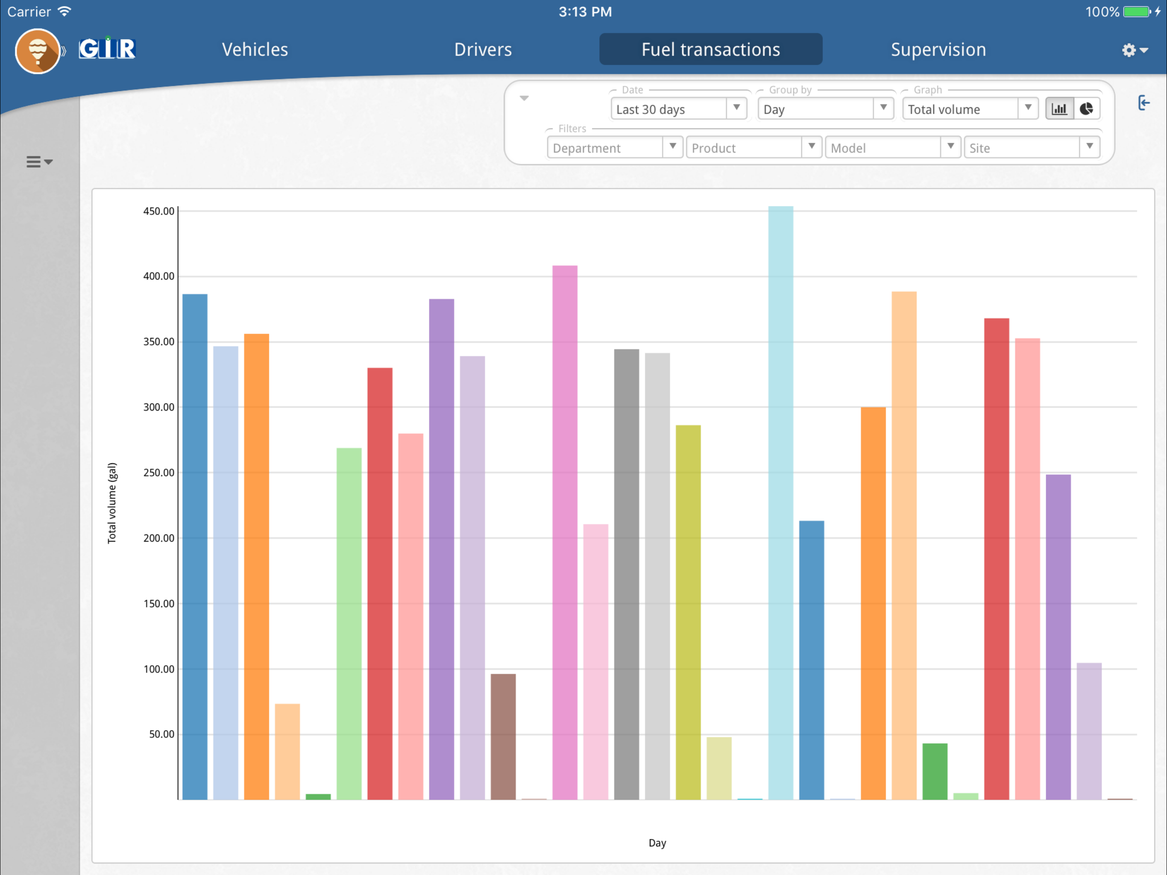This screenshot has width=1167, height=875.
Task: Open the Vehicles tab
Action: pyautogui.click(x=255, y=50)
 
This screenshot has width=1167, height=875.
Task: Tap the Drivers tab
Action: pyautogui.click(x=483, y=50)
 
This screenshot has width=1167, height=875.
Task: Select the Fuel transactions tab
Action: pyautogui.click(x=711, y=49)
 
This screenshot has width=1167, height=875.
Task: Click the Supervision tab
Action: pyautogui.click(x=938, y=50)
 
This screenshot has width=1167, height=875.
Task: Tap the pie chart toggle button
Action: pyautogui.click(x=1086, y=109)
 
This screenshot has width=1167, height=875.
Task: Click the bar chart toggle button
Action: pyautogui.click(x=1059, y=109)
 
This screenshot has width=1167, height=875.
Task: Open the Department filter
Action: pyautogui.click(x=615, y=147)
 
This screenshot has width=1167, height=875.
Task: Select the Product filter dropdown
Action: pyautogui.click(x=754, y=147)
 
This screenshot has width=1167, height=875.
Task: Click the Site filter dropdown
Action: pyautogui.click(x=1032, y=147)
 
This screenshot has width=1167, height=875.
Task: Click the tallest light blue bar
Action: pyautogui.click(x=780, y=503)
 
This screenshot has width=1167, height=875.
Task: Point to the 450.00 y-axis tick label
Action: pyautogui.click(x=158, y=211)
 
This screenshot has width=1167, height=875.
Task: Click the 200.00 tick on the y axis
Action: pyautogui.click(x=158, y=538)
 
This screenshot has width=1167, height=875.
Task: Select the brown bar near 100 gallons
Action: pyautogui.click(x=503, y=737)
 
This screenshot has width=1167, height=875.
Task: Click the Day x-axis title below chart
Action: pyautogui.click(x=657, y=843)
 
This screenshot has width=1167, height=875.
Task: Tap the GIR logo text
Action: pyautogui.click(x=107, y=49)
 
